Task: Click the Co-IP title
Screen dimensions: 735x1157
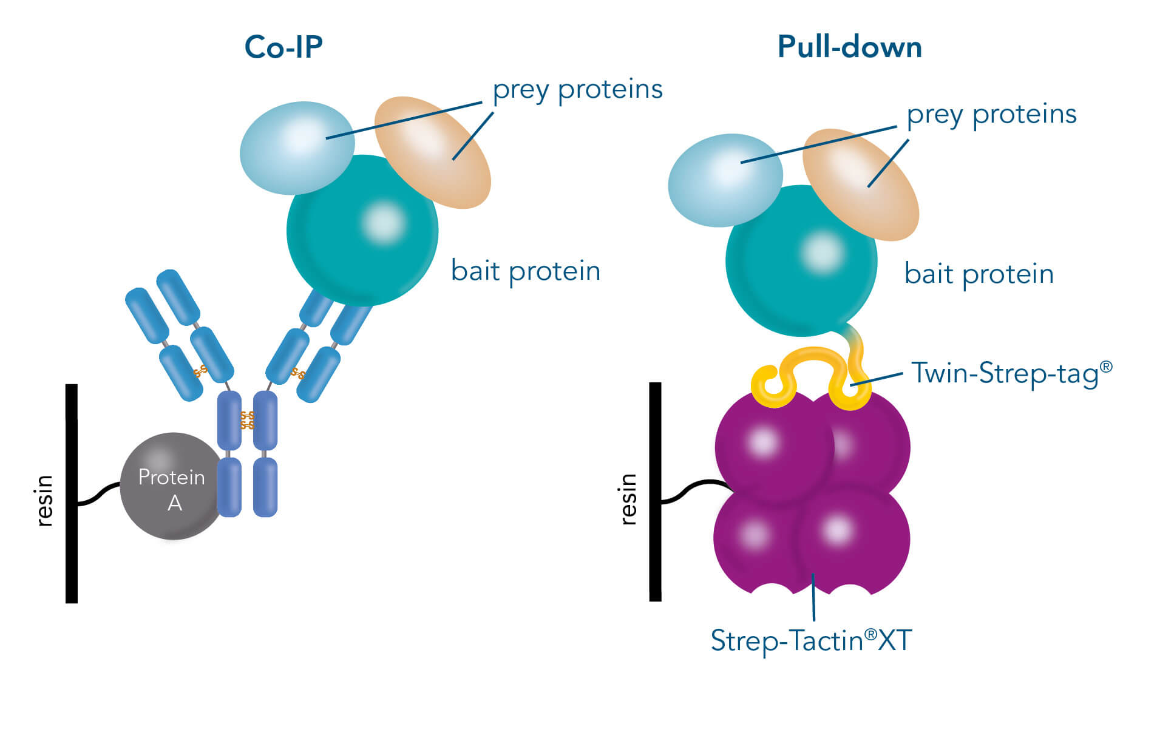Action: tap(283, 47)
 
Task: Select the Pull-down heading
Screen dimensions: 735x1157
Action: tap(849, 47)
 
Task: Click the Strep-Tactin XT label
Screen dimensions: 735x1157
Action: tap(811, 641)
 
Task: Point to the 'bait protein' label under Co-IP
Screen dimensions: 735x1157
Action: tap(526, 271)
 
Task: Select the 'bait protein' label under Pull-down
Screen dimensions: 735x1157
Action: tap(979, 274)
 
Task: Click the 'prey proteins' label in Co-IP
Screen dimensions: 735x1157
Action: tap(577, 90)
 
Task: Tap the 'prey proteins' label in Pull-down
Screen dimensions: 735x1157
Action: tap(991, 115)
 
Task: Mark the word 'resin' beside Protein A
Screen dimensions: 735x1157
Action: tap(44, 501)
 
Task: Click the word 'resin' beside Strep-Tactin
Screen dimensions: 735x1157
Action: tap(628, 499)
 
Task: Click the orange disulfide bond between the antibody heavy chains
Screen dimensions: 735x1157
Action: tap(247, 420)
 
